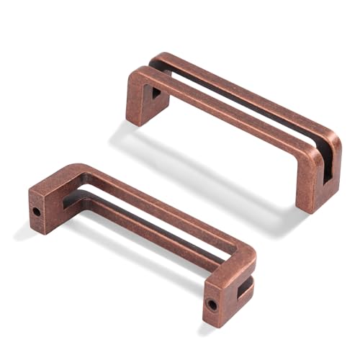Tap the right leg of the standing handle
tap(315, 184)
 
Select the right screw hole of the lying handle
tap(212, 304)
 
